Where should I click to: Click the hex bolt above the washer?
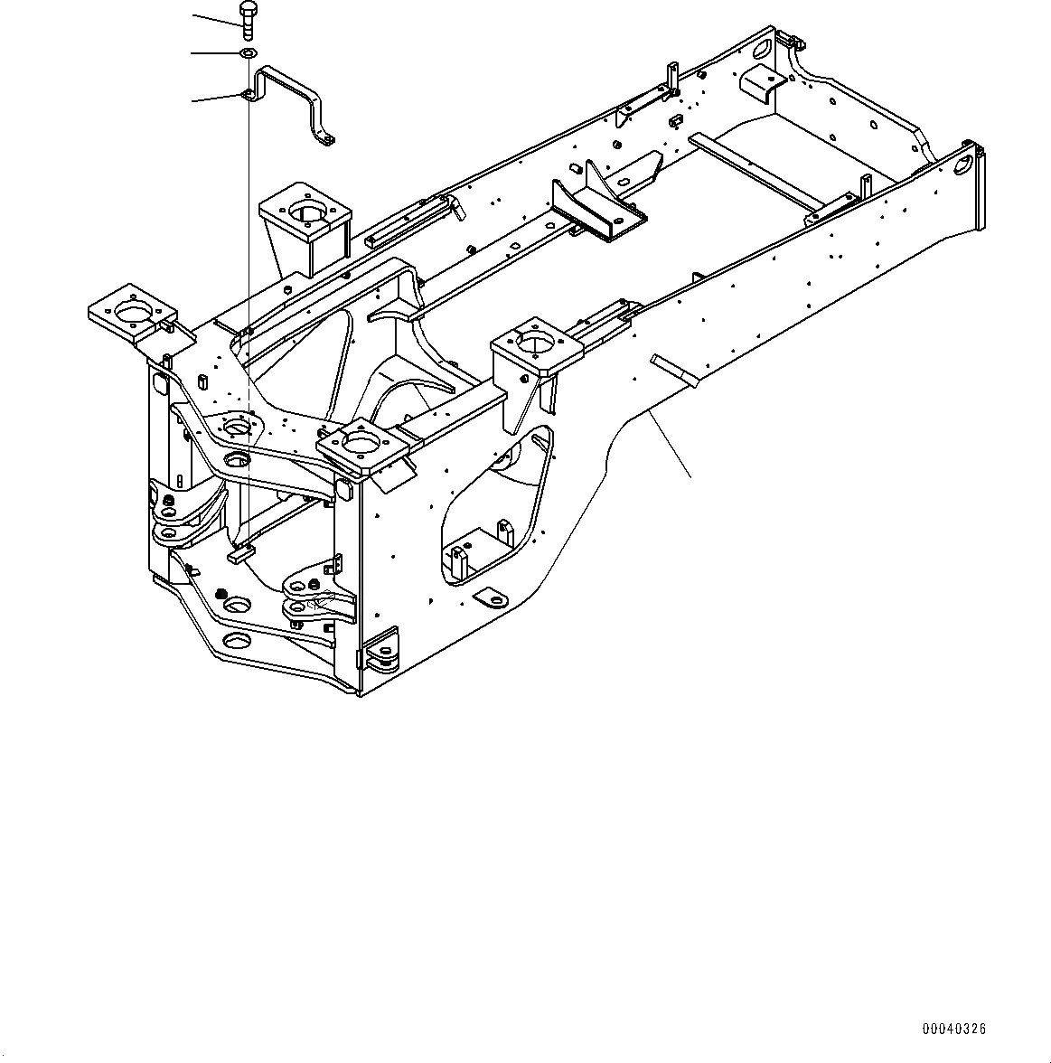[x=249, y=17]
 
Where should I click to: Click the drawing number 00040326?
[x=953, y=1029]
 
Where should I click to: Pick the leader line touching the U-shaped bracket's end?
[x=217, y=97]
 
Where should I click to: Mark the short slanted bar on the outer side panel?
[x=672, y=365]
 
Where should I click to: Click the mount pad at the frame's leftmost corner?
[x=131, y=312]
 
